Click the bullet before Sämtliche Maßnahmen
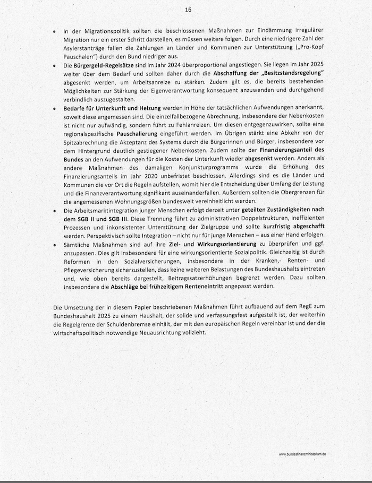coord(55,244)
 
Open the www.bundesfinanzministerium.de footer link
coord(302,454)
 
